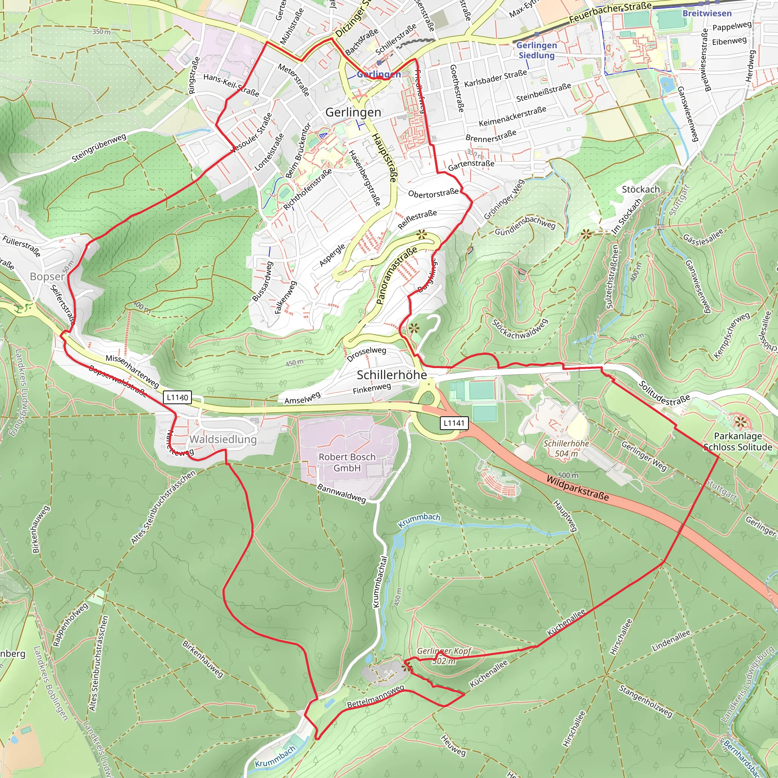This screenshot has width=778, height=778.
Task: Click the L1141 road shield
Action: pos(454,423)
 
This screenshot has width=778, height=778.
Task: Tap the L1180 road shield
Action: pos(177,397)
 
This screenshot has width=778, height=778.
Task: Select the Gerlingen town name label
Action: pos(353,112)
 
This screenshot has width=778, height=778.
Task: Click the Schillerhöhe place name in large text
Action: pos(392,375)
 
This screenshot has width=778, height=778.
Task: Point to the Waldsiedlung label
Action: pos(223,440)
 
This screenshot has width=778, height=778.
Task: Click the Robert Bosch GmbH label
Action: pos(347,462)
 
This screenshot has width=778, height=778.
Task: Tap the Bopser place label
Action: pos(47,277)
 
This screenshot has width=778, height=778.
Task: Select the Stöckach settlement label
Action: pos(641,189)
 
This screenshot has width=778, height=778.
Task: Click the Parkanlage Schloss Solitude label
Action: pos(738,441)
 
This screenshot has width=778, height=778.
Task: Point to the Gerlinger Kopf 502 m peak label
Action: pos(444,656)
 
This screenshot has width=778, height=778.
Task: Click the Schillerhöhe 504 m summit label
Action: pos(566,448)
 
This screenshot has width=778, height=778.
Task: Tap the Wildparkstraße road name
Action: pos(577,488)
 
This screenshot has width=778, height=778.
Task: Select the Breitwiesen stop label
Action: pos(707,13)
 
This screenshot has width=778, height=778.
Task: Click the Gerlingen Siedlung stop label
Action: pos(536,51)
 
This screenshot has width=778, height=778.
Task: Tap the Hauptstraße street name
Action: pos(384,158)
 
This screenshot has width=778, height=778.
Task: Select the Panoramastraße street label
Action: pos(396,276)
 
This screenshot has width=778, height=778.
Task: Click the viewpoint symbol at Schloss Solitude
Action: pos(740,422)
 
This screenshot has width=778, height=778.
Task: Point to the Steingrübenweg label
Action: pos(99,148)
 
